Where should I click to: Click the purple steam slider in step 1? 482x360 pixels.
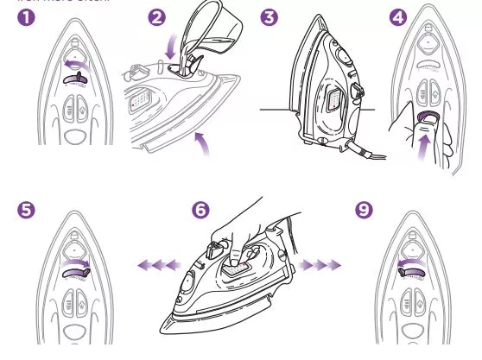point(73,79)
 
